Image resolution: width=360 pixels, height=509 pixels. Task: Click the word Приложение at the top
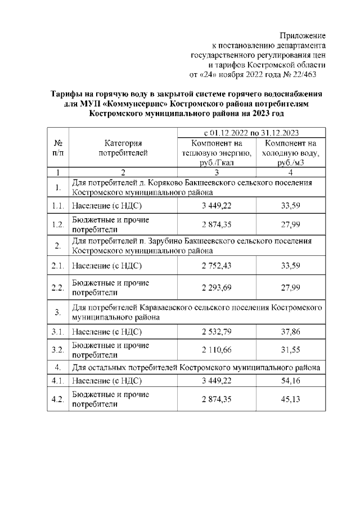(x=303, y=35)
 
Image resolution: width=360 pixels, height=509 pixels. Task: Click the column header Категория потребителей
(x=123, y=148)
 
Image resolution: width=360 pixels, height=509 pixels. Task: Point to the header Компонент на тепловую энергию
(x=217, y=152)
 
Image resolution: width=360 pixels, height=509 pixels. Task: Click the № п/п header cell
(x=57, y=148)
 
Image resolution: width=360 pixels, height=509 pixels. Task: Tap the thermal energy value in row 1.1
(x=217, y=206)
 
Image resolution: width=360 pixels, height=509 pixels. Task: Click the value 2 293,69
(x=217, y=287)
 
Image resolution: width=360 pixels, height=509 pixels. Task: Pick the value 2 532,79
(x=217, y=332)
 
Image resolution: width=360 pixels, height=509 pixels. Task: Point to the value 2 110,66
(x=217, y=350)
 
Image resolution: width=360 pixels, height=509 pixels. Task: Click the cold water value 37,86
(x=290, y=332)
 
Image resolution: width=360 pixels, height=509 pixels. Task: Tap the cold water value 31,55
(x=290, y=350)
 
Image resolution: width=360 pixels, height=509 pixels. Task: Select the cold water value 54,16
(x=290, y=381)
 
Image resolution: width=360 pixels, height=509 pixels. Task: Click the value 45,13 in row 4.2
(x=290, y=399)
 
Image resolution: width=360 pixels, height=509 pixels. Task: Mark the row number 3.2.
(x=57, y=350)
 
